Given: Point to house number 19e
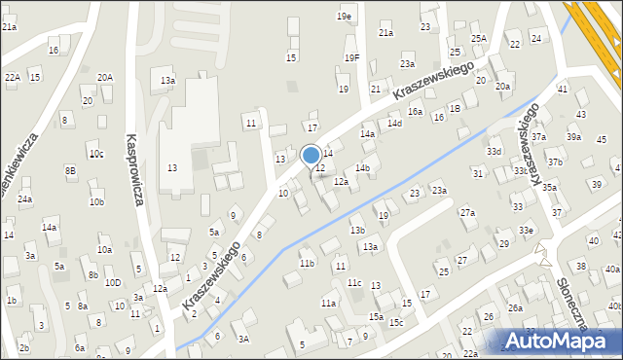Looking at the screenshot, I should [x=345, y=17].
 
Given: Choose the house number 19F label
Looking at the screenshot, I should [x=351, y=58].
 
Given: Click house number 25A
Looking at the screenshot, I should [x=479, y=38].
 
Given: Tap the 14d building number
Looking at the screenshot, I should [x=394, y=124].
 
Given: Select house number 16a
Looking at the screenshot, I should [x=415, y=113].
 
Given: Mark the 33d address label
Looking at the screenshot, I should [x=494, y=152].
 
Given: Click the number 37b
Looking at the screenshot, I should [x=554, y=162].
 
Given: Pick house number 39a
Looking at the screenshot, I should [x=574, y=137].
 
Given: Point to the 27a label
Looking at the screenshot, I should [x=467, y=212].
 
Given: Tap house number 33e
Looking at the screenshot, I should [x=526, y=230].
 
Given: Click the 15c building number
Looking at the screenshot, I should [x=396, y=322].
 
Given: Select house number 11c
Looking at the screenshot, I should [x=354, y=283].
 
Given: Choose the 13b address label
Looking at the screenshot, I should [x=357, y=230].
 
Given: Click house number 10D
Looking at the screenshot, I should [x=113, y=283].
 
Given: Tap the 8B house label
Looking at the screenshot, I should [x=70, y=170].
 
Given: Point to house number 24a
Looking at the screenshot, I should [x=24, y=199].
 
